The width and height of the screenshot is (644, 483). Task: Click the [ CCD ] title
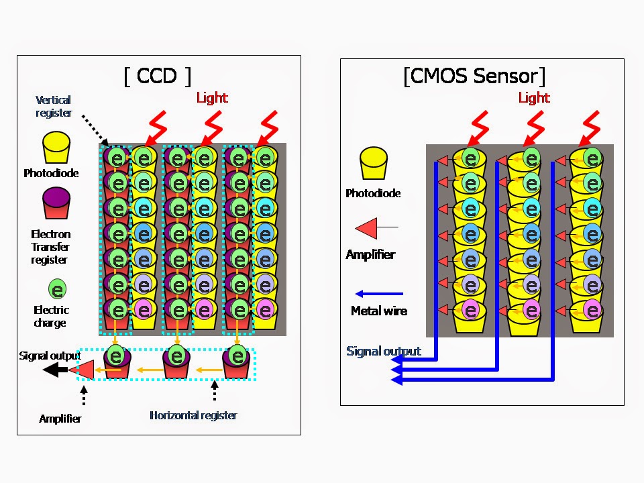click(158, 76)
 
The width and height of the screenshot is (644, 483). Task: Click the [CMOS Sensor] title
click(474, 76)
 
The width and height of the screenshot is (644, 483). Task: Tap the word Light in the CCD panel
click(212, 98)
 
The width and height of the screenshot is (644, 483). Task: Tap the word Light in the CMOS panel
click(534, 98)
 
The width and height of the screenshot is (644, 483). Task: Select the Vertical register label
click(54, 106)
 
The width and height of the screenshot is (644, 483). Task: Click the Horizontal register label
click(193, 415)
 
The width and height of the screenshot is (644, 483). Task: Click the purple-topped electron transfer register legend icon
click(57, 204)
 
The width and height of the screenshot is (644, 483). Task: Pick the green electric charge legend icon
click(58, 289)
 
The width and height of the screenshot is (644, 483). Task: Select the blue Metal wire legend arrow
click(379, 294)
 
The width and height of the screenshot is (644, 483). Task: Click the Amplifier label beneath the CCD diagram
click(60, 419)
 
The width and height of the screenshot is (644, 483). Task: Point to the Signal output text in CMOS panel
click(384, 352)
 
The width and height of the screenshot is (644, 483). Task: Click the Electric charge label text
click(51, 317)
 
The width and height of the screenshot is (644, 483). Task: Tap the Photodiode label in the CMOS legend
click(373, 193)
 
